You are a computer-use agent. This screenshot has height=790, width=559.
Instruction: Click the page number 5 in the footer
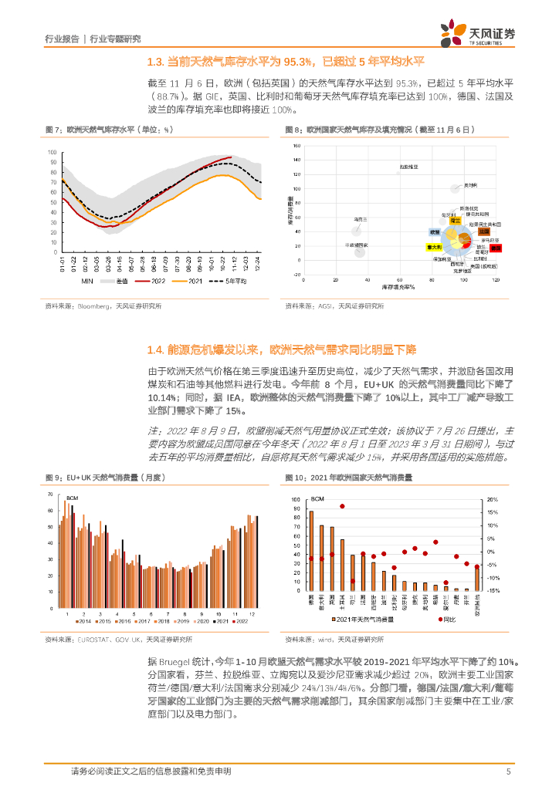[x=508, y=771]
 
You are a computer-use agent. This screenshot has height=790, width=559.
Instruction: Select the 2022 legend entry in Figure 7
[x=158, y=282]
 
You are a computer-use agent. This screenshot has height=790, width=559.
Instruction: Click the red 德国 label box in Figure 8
[x=496, y=248]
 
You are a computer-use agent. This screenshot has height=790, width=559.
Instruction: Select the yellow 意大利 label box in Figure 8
[x=434, y=247]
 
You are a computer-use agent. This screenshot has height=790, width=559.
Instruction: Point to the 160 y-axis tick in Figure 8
[x=296, y=145]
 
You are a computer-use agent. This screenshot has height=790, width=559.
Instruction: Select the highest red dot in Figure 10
[x=342, y=506]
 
